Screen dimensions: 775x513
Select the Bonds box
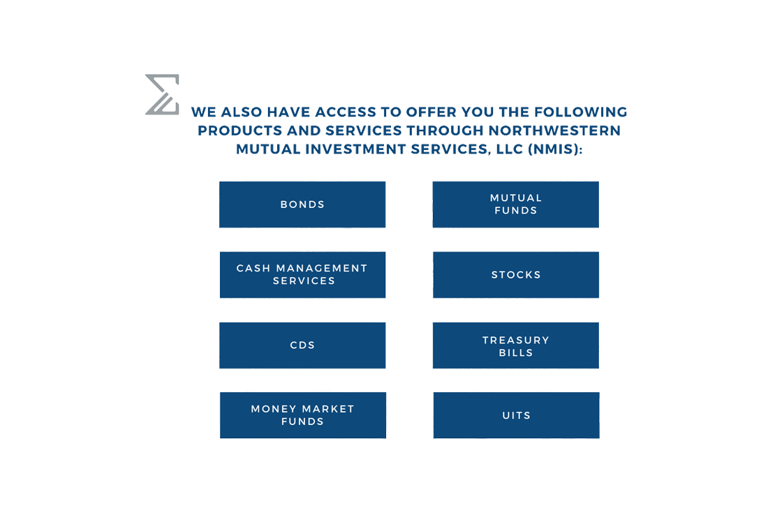pyautogui.click(x=302, y=205)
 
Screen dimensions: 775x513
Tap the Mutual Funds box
pyautogui.click(x=515, y=205)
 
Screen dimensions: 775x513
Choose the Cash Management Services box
pyautogui.click(x=302, y=275)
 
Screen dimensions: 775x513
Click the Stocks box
pyautogui.click(x=516, y=275)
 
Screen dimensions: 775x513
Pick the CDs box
pyautogui.click(x=302, y=345)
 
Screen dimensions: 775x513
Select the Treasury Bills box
pyautogui.click(x=516, y=345)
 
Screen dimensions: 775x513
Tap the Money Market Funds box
pyautogui.click(x=303, y=415)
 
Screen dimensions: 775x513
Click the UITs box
pyautogui.click(x=517, y=415)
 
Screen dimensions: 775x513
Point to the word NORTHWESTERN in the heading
pyautogui.click(x=554, y=131)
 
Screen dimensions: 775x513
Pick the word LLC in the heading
pyautogui.click(x=510, y=149)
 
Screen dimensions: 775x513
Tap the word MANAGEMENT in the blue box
pyautogui.click(x=322, y=268)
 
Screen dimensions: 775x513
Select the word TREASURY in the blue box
pyautogui.click(x=516, y=340)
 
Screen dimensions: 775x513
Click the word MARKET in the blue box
pyautogui.click(x=328, y=409)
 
